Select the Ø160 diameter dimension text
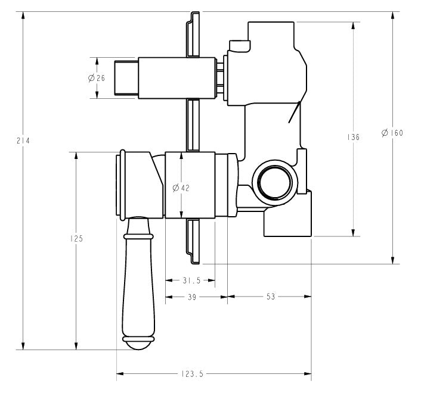392,133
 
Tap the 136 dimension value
354,138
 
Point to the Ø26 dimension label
96,78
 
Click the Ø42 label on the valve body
181,188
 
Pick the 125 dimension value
76,238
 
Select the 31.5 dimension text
190,279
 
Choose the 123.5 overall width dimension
191,374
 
